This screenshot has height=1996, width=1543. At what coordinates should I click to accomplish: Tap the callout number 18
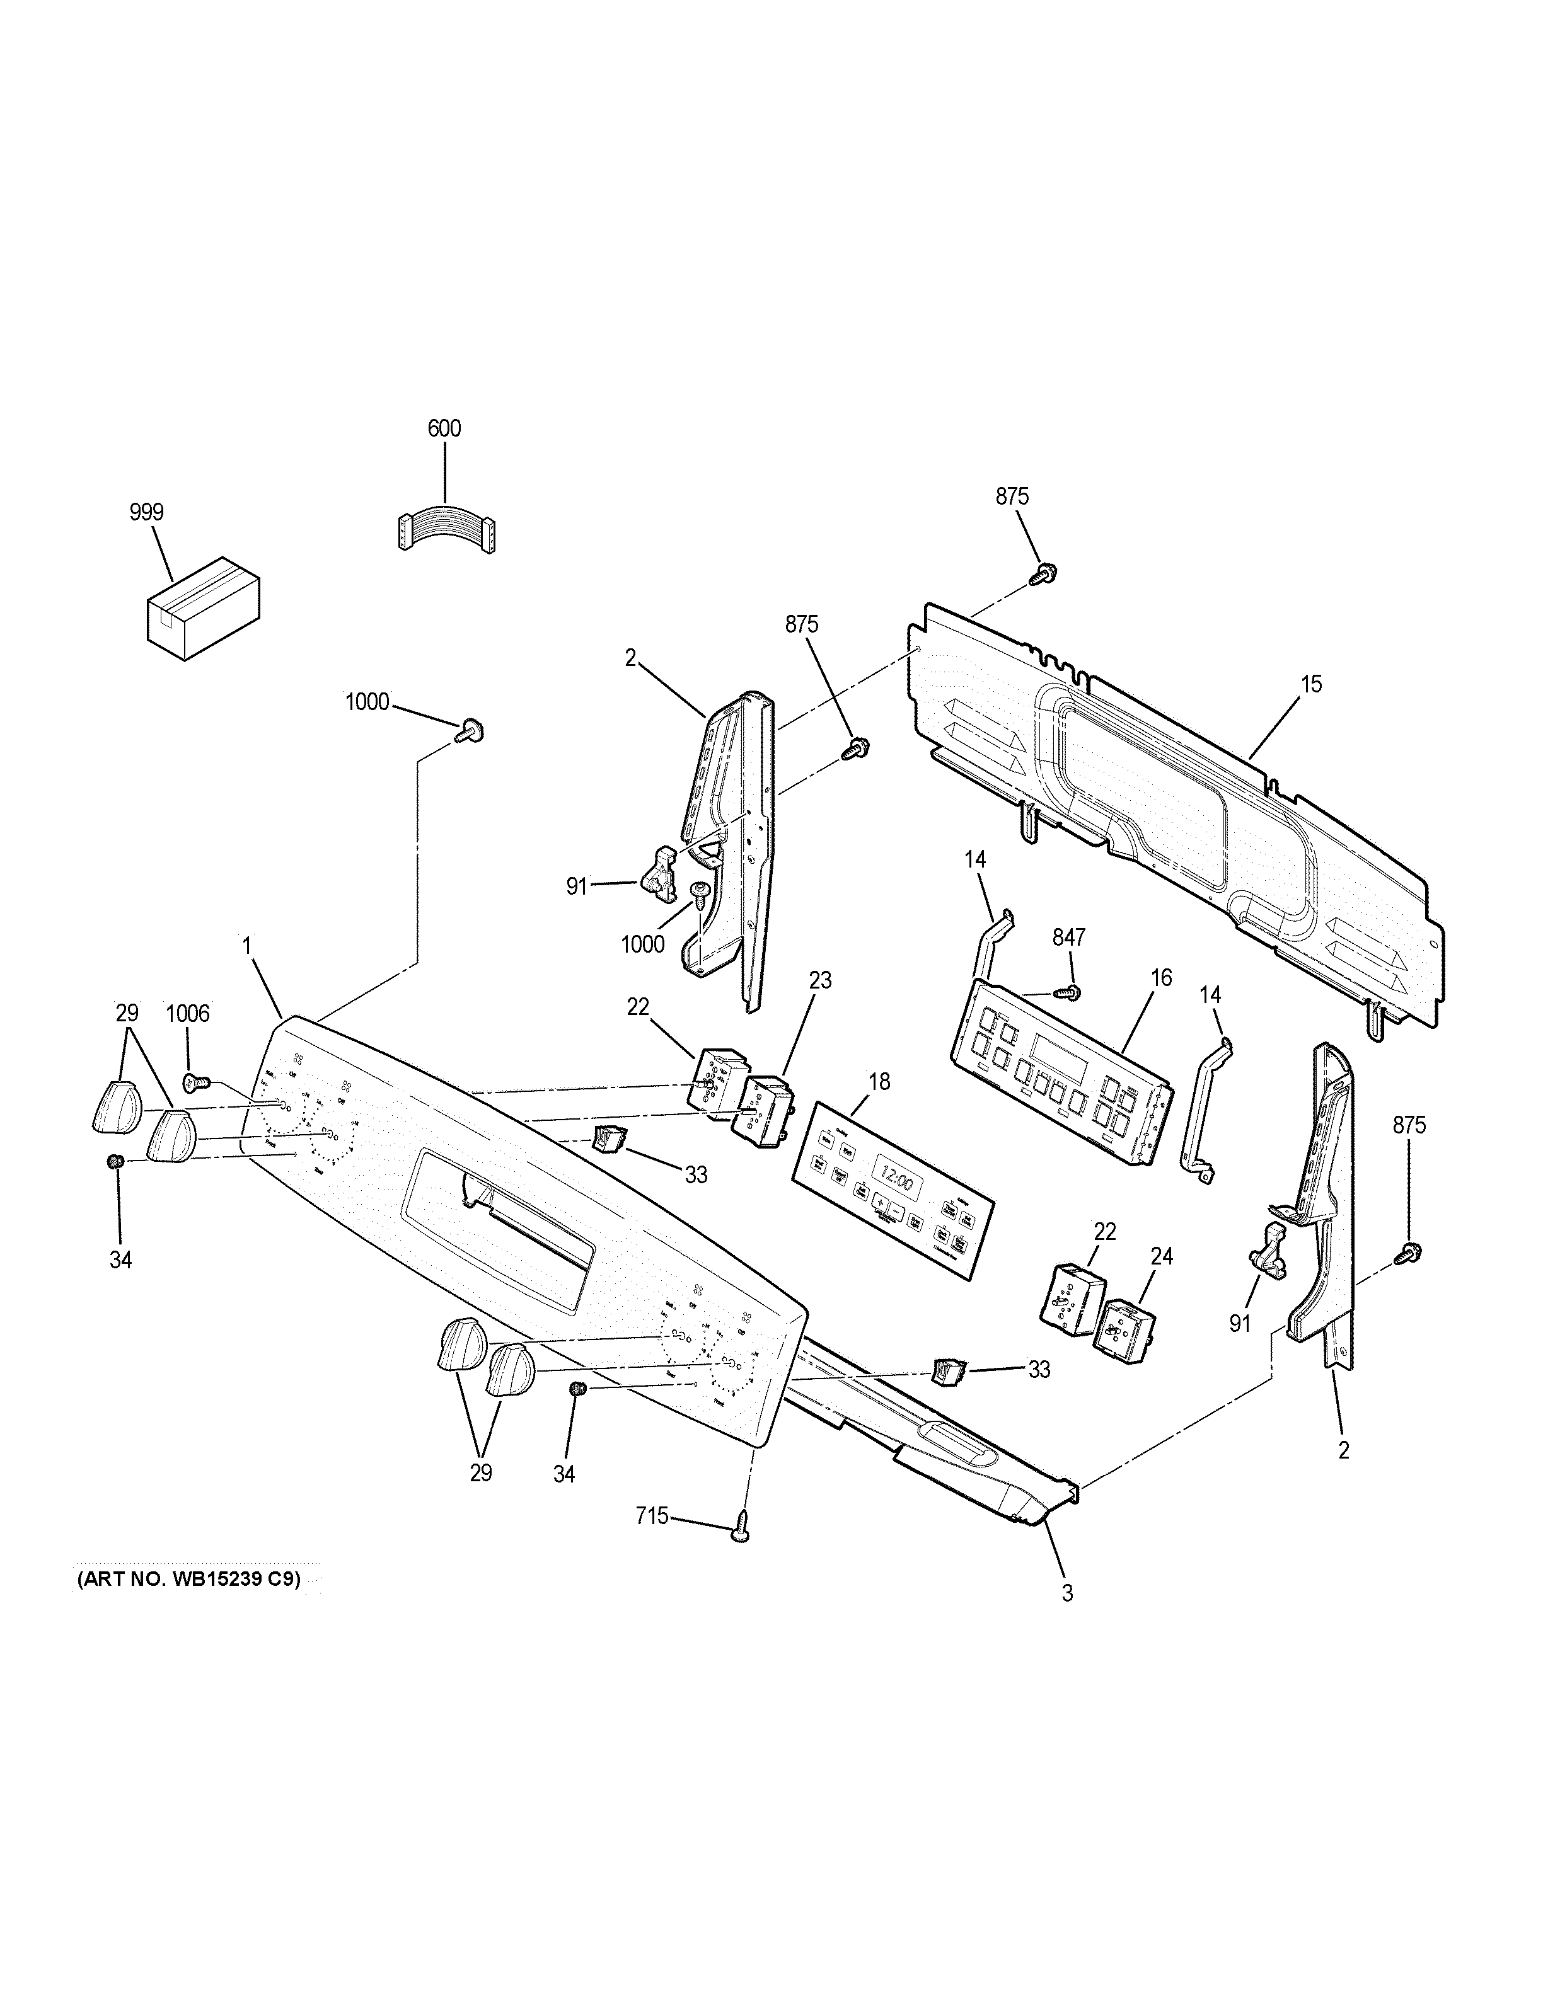click(x=879, y=1082)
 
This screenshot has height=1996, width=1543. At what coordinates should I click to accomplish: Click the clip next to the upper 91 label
click(x=661, y=871)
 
